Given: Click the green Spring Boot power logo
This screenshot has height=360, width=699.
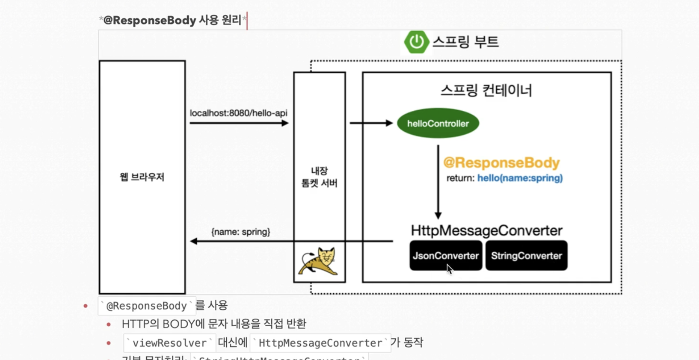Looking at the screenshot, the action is pos(416,42).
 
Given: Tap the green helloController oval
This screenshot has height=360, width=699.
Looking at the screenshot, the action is pos(438,124).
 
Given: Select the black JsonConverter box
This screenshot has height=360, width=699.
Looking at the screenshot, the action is pos(445,256).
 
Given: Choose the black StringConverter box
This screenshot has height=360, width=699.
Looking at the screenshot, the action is pos(526,256).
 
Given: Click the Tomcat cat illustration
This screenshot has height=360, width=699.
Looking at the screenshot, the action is pos(319,261).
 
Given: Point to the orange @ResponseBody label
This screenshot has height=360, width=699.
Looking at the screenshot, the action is pos(501,163).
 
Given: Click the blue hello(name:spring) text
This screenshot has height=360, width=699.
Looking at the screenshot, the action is pos(520,178).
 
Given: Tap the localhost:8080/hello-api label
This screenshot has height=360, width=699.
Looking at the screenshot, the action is pos(238,113).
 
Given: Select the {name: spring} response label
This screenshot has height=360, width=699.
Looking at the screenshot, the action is pos(240,232).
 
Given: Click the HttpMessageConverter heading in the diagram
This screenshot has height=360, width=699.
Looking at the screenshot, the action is pos(486,230).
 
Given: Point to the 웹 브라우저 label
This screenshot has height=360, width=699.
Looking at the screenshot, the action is pos(142,177).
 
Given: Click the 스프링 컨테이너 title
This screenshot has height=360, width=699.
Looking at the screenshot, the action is pos(486,91).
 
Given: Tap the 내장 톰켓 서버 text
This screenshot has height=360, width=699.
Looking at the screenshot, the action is pos(319,177).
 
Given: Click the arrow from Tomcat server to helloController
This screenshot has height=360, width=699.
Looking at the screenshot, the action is pos(370,123).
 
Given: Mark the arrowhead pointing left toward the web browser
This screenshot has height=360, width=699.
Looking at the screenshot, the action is pos(194,241).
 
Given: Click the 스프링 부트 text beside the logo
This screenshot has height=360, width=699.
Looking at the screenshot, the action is pos(465,42).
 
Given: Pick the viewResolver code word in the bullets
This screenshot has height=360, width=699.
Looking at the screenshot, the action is pos(169,343).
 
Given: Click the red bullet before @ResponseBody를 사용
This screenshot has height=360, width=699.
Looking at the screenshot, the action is pos(86,306).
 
